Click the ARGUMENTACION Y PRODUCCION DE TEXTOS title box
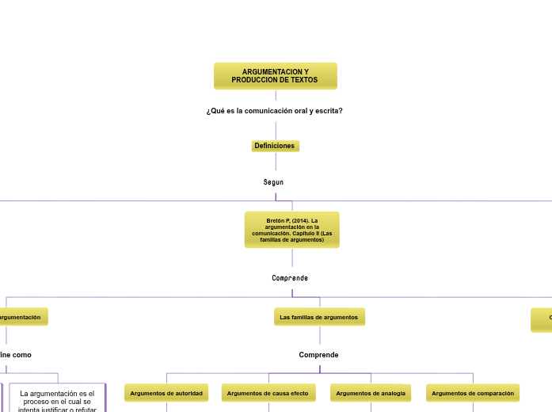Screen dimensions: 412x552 click(275, 76)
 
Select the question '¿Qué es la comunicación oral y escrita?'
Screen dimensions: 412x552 click(274, 111)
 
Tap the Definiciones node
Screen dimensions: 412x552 click(275, 146)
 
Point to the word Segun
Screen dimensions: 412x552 click(273, 182)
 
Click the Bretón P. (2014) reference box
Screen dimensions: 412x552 click(291, 230)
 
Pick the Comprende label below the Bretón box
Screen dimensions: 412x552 click(290, 278)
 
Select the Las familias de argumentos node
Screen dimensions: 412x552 click(318, 317)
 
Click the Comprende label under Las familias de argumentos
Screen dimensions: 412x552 click(318, 355)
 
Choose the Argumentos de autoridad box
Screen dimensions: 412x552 click(166, 393)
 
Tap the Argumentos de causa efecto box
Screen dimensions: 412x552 click(268, 393)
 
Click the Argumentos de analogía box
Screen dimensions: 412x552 click(371, 393)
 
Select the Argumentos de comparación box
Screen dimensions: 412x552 click(473, 393)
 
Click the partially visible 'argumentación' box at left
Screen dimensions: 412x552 click(22, 317)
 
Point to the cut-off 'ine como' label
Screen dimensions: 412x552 click(16, 355)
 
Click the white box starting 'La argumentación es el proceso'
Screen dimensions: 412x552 click(57, 399)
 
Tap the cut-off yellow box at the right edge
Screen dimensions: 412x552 click(542, 319)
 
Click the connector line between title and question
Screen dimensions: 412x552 click(276, 97)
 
